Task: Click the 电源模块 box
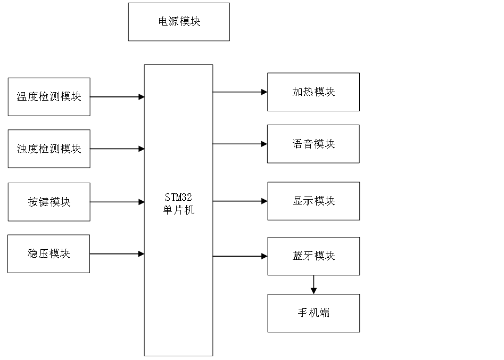coord(179,22)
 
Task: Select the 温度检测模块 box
coord(49,97)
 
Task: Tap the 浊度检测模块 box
coord(49,149)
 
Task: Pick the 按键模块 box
coord(49,202)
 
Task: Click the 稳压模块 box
coord(49,254)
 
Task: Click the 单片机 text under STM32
coord(178,210)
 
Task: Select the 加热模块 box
coord(313,92)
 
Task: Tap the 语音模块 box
coord(313,144)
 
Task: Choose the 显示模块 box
coord(313,201)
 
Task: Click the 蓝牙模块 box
coord(313,256)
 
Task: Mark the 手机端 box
coord(313,313)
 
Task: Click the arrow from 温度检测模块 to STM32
coord(117,97)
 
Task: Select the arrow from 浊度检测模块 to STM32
coord(117,149)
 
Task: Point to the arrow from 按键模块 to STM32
coord(117,202)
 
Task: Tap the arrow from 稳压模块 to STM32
coord(117,254)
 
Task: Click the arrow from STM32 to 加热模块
coord(239,92)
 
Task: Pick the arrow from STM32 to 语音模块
coord(239,144)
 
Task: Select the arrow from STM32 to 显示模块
coord(239,201)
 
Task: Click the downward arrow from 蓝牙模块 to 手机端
coord(313,285)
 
